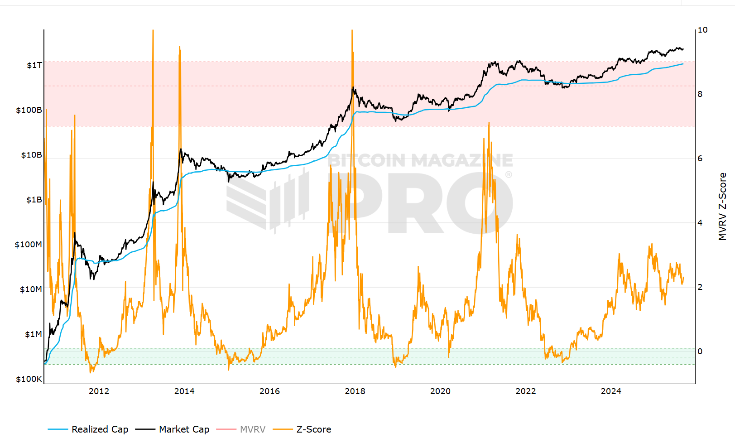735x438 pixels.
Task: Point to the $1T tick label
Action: tap(34, 65)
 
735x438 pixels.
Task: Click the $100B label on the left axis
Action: tap(29, 110)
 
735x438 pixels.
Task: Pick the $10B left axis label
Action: tap(31, 155)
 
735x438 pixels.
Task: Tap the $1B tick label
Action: tap(34, 200)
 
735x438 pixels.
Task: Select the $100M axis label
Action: tap(28, 245)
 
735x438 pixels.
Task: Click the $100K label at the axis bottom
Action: tap(29, 379)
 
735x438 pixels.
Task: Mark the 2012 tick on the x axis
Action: tap(99, 391)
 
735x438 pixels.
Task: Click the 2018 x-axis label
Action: tap(355, 391)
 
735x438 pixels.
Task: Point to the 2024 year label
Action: tap(611, 391)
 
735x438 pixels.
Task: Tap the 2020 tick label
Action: tap(440, 391)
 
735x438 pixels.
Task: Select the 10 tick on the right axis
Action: tap(702, 30)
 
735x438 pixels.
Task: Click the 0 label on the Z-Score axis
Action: tap(700, 351)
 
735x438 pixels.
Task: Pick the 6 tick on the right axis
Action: tap(700, 159)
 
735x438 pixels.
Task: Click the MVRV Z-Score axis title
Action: tap(722, 207)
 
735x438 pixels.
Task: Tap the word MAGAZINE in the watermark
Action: tap(462, 160)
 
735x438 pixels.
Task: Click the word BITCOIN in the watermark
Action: tap(366, 160)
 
